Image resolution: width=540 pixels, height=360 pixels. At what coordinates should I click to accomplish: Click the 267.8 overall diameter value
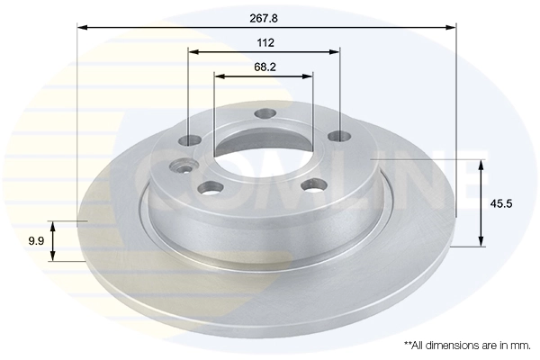click(265, 16)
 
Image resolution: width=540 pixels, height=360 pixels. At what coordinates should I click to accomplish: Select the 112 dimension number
click(265, 42)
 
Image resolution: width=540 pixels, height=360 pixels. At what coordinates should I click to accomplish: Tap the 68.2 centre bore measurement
click(265, 66)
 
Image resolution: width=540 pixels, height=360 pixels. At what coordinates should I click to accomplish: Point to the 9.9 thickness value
click(36, 240)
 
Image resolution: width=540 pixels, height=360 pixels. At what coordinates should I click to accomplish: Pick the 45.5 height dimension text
click(501, 203)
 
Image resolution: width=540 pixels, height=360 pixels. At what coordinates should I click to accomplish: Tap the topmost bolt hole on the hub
click(265, 113)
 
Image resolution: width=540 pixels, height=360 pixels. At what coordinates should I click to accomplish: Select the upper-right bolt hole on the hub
click(338, 136)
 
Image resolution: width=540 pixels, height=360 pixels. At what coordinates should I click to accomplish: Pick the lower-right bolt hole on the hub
click(314, 184)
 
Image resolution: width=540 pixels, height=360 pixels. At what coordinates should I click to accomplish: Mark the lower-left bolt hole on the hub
click(210, 188)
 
